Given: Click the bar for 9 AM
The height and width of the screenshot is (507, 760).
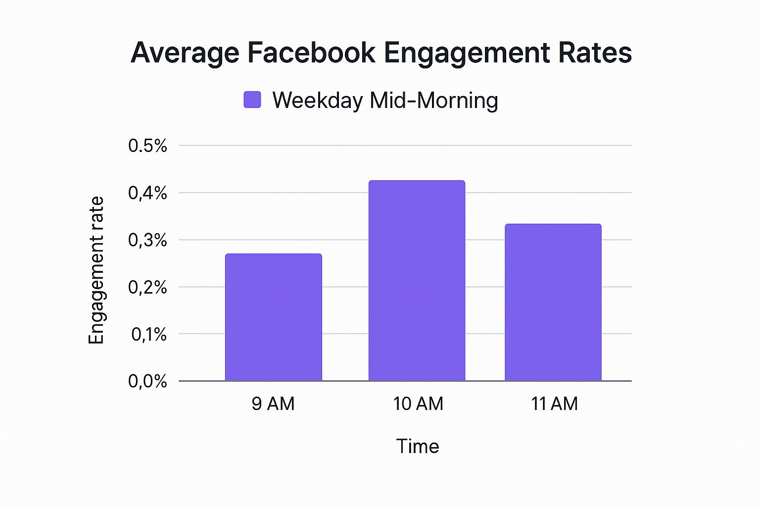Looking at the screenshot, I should [273, 317].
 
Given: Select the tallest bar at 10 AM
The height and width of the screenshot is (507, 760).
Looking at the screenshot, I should [417, 281].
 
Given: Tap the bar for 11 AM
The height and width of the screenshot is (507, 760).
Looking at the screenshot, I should [553, 303].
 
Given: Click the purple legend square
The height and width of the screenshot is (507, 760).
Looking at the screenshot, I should [252, 100].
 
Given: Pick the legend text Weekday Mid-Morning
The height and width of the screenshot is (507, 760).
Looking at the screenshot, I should [385, 101].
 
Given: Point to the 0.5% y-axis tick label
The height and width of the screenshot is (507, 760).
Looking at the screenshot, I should [147, 146].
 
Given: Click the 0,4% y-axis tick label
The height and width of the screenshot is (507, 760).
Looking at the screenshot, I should [147, 193].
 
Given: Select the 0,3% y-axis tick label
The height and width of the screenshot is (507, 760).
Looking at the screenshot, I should [147, 240].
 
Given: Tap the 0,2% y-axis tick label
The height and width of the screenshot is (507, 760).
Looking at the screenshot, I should [147, 287].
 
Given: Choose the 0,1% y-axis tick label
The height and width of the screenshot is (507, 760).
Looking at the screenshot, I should [148, 335].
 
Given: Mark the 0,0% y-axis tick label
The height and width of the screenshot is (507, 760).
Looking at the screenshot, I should [147, 381].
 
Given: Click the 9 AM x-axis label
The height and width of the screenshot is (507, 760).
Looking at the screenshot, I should [273, 404].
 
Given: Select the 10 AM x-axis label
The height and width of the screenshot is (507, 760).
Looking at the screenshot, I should [418, 404].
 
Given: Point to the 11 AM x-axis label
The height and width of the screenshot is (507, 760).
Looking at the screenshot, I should [554, 404].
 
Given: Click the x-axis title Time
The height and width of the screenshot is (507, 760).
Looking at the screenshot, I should [418, 447].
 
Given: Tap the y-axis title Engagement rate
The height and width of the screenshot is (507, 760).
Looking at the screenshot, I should [96, 270].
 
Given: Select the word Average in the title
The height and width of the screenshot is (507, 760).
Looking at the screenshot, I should [185, 53].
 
